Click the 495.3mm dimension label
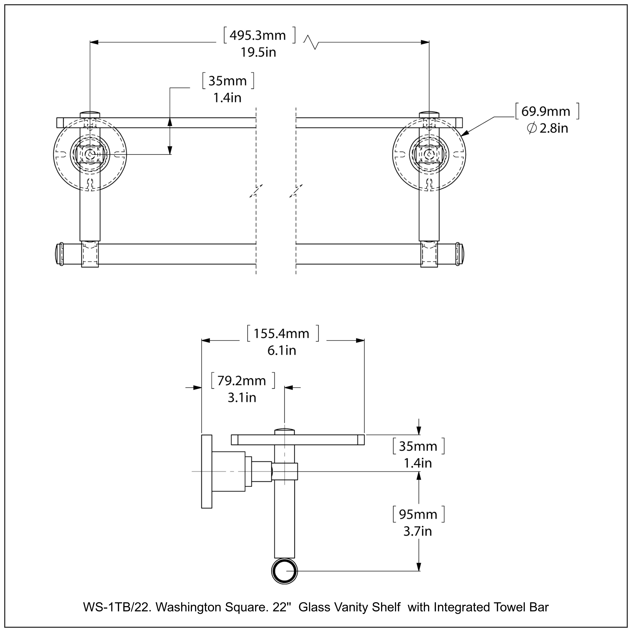(x=258, y=35)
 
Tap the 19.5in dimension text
(x=258, y=52)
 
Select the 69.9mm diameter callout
(x=546, y=112)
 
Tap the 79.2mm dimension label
(x=242, y=381)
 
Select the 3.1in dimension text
(x=242, y=398)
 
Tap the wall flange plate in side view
(x=206, y=471)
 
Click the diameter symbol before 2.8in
(x=532, y=128)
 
